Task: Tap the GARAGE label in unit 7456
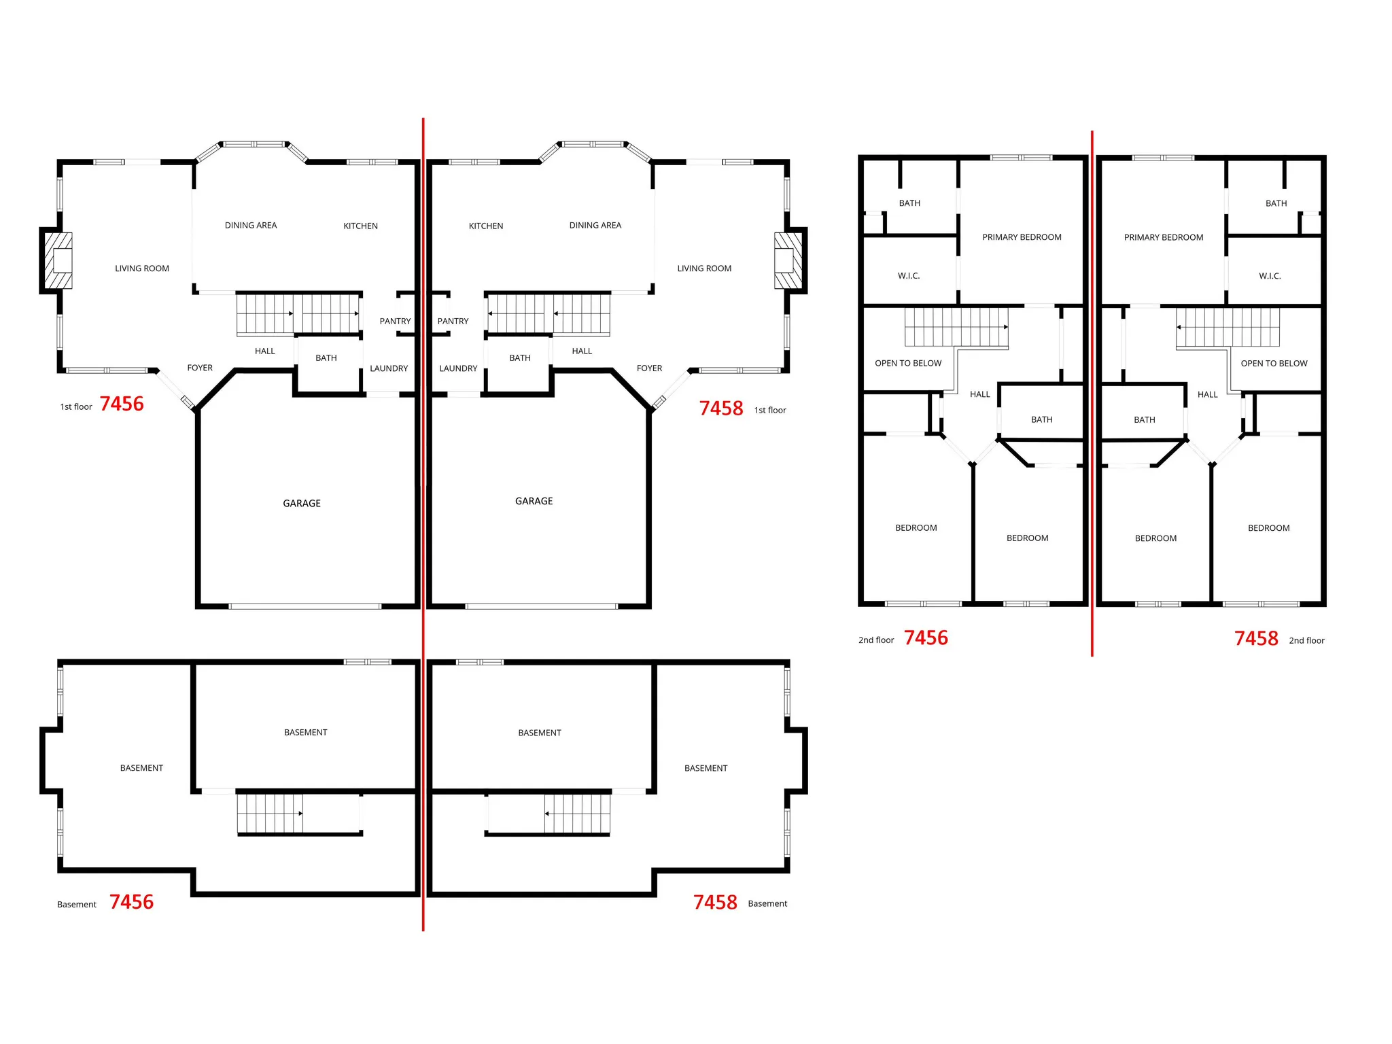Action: pos(302,503)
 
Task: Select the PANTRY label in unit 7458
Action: pos(453,321)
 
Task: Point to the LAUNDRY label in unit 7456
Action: pos(389,368)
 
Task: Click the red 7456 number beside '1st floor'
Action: pos(122,404)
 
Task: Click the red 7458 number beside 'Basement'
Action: pos(715,902)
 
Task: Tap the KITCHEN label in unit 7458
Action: pos(486,226)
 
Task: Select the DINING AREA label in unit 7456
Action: pos(251,225)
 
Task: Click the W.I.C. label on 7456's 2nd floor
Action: pos(909,276)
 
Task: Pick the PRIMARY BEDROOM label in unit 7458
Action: pos(1164,237)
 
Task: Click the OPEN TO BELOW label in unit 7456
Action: pos(908,363)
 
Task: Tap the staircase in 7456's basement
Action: pos(270,813)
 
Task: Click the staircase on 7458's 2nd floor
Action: pos(1228,327)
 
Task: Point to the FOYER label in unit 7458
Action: pos(649,368)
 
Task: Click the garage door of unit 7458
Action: pos(542,606)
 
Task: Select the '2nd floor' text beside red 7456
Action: pos(876,640)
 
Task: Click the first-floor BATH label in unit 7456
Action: pos(326,358)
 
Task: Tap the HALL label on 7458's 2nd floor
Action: pos(1208,394)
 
